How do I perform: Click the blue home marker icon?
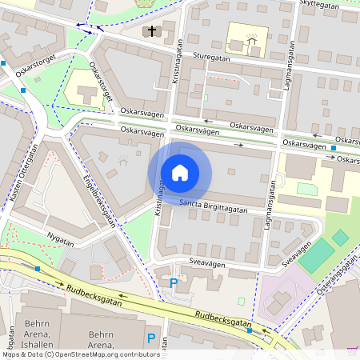180,173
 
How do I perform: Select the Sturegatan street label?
212,58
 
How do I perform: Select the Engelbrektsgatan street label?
100,201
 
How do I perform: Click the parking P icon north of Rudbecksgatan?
174,282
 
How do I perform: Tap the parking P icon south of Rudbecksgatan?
150,338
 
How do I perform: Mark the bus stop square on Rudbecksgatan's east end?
250,330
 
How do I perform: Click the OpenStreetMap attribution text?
80,354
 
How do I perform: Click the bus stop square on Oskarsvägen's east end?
334,148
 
